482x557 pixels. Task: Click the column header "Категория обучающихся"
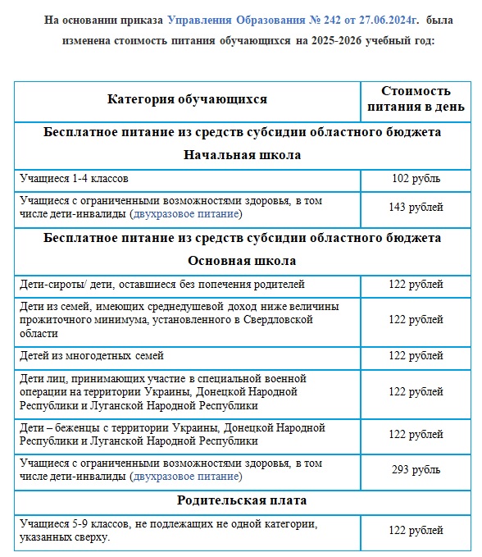[187, 99]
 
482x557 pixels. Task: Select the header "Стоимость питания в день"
[416, 98]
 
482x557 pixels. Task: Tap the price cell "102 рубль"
[416, 178]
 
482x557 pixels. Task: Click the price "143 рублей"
[416, 208]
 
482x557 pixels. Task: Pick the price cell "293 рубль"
[416, 470]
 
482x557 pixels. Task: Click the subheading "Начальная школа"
[242, 154]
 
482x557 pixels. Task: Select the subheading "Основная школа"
[242, 261]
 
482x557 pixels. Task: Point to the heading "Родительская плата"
[242, 500]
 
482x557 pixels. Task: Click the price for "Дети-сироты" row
[416, 285]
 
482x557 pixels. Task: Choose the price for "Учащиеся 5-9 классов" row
[416, 531]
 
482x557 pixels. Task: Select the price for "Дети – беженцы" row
[416, 434]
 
